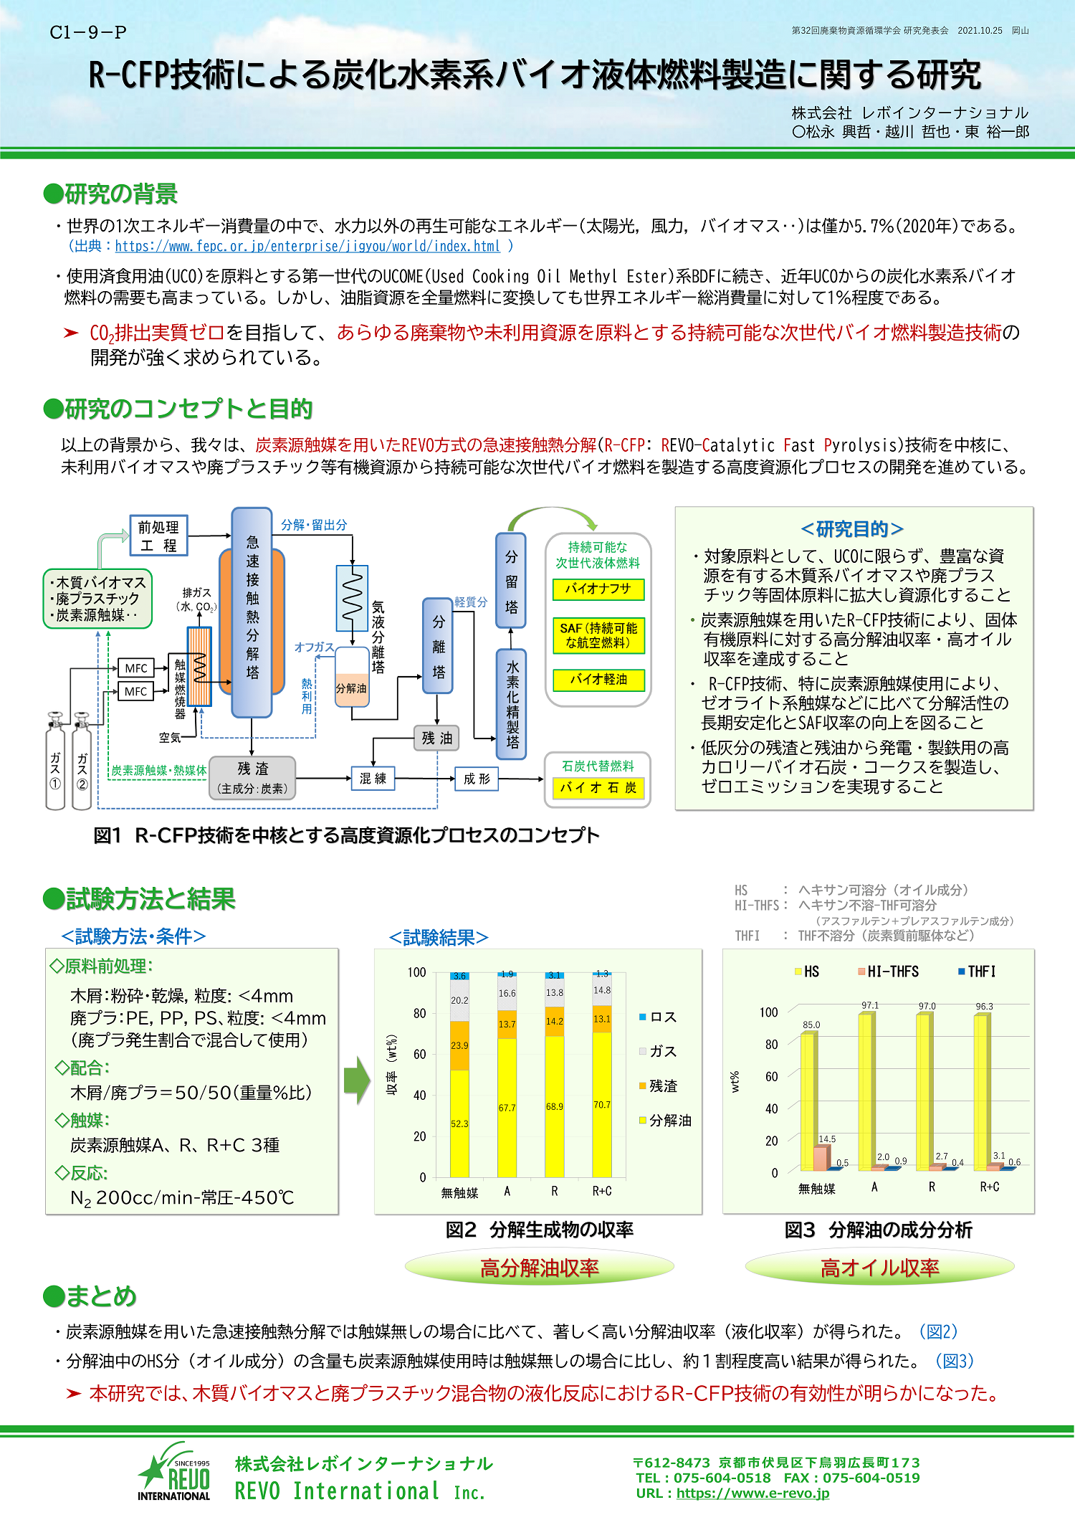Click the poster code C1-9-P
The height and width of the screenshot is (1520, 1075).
click(88, 32)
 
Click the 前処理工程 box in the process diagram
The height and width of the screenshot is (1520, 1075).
click(158, 535)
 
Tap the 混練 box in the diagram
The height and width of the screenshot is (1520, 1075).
click(373, 778)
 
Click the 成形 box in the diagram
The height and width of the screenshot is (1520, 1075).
click(477, 779)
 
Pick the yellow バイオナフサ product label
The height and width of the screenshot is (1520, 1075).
click(598, 589)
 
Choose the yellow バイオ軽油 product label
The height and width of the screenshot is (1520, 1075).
click(598, 679)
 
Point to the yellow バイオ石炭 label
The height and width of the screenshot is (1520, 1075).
click(598, 787)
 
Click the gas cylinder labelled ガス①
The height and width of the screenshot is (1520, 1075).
click(55, 764)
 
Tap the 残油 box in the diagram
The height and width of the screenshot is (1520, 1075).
click(436, 738)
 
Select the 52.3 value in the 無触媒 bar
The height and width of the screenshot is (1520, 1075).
click(459, 1124)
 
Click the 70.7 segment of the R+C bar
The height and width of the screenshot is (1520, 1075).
click(602, 1105)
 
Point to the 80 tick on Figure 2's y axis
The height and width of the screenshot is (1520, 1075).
click(419, 1013)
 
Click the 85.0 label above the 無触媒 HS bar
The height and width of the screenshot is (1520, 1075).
click(811, 1025)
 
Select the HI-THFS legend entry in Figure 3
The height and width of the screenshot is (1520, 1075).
click(888, 972)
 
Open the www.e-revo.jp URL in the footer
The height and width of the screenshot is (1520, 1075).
click(752, 1493)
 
